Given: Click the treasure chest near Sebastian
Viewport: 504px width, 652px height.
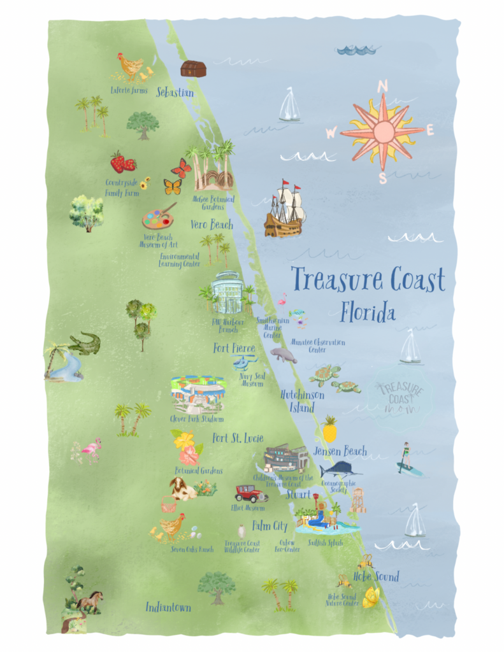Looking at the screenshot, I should coord(191,69).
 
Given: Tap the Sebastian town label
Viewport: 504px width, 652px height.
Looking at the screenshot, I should coord(175,92).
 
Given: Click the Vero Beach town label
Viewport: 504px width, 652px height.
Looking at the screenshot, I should coord(212,225).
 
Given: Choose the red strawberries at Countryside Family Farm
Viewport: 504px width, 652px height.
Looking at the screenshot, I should coord(122,162).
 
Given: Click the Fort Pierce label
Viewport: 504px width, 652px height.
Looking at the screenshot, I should coord(234,349).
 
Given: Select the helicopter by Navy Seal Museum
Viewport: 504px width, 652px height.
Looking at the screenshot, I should coord(245,363).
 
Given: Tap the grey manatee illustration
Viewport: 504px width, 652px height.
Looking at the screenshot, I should coord(284,354).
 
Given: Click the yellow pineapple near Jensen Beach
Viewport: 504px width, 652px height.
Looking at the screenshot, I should coord(329,430).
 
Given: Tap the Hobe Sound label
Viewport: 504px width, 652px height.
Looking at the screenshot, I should coord(377,577).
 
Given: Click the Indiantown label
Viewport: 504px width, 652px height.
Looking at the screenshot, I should coord(168,607).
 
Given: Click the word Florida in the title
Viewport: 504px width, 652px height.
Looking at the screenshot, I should coord(368,313).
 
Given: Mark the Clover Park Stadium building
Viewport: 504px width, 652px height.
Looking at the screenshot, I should coord(198,395).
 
